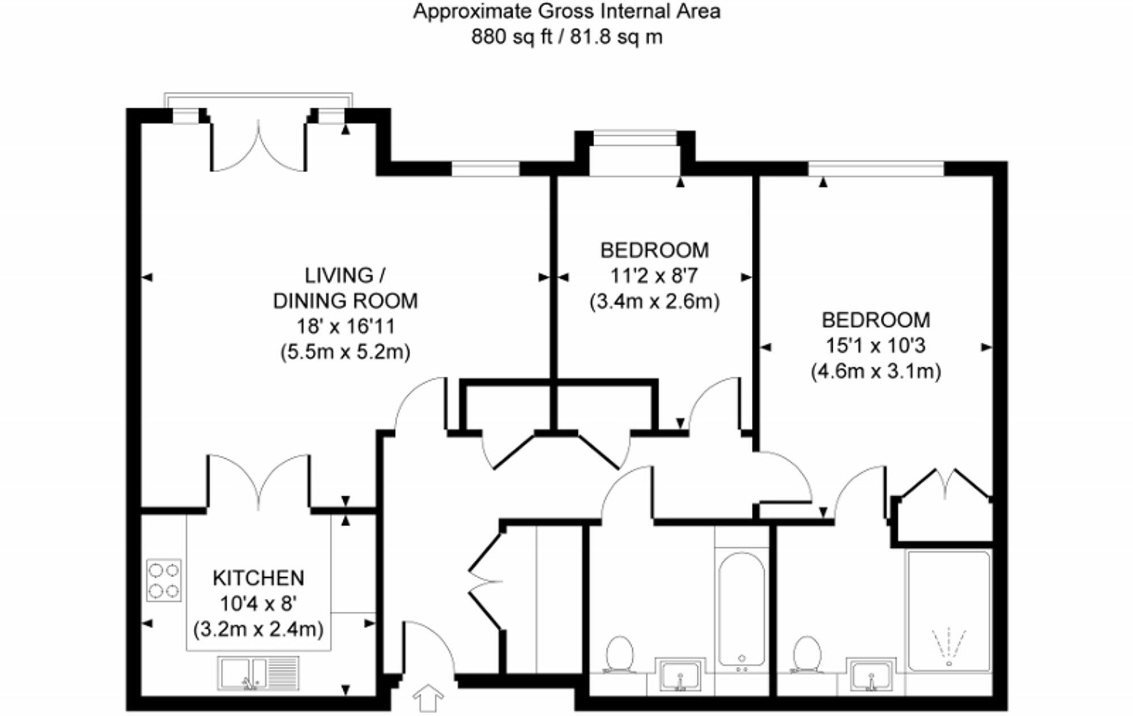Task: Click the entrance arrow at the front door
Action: [x=428, y=698]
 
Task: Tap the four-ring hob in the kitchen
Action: [x=164, y=580]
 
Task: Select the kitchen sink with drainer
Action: [x=258, y=674]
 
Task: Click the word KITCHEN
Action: [x=258, y=578]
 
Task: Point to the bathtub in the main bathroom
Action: [x=741, y=609]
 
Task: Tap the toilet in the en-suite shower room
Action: [x=807, y=654]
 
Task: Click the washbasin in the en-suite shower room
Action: [x=871, y=675]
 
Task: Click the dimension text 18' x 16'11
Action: [x=346, y=327]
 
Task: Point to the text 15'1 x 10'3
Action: [x=876, y=346]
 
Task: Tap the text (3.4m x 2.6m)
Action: [x=654, y=301]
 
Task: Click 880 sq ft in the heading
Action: [x=504, y=37]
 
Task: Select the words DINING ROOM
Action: [x=346, y=301]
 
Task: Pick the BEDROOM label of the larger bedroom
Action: [x=876, y=320]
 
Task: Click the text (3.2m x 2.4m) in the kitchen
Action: [x=258, y=629]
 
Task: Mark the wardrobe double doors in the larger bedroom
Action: [x=945, y=484]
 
